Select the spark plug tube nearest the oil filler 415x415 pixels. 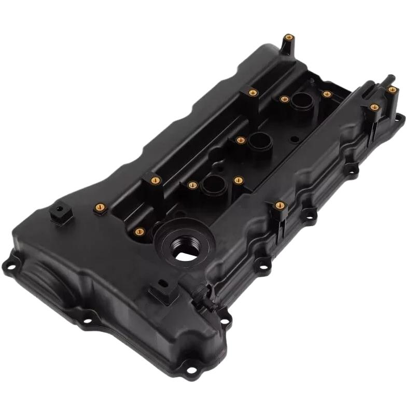212,183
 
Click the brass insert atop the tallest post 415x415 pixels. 289,37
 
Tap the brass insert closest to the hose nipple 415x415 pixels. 392,90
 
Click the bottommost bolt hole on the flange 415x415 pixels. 191,370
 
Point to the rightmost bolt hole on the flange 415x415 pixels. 398,119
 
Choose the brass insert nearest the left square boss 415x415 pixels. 101,207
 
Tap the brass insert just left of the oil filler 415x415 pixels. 139,231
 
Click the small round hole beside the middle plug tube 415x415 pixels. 294,139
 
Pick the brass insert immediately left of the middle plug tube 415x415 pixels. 240,140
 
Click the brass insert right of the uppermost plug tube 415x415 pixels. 327,94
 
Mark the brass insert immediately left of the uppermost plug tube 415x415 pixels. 284,99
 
